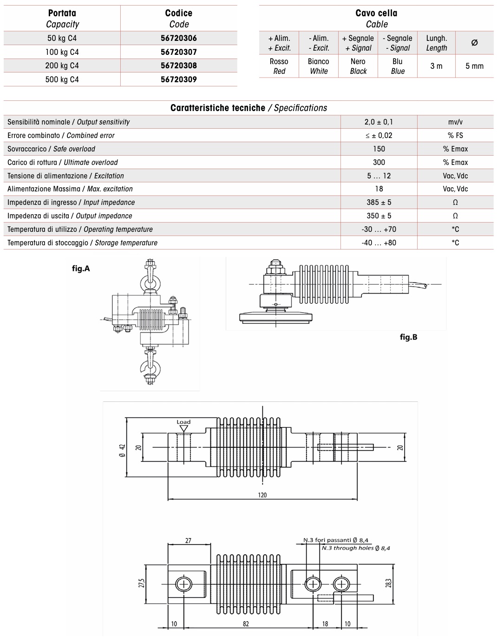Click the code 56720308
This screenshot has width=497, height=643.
click(x=179, y=66)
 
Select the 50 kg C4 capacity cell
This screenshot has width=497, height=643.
click(x=62, y=38)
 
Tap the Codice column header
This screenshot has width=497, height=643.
click(x=179, y=19)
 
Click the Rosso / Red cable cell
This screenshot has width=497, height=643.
click(x=279, y=66)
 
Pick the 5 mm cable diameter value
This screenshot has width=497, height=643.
click(x=474, y=66)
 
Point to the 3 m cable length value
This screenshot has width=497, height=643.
click(x=436, y=66)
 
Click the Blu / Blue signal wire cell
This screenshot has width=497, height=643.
click(x=398, y=66)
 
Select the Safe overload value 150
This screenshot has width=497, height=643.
click(x=379, y=149)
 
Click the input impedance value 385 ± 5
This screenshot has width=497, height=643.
click(x=379, y=202)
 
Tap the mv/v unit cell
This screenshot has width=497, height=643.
click(x=455, y=122)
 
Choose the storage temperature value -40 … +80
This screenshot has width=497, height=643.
click(x=379, y=243)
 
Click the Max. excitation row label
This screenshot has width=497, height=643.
click(x=70, y=189)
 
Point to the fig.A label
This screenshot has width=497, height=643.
click(x=81, y=269)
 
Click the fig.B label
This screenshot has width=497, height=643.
click(x=408, y=337)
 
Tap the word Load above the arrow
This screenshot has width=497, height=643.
click(x=183, y=422)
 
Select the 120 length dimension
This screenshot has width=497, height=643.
click(x=262, y=495)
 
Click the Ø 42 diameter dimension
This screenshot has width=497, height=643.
click(x=122, y=451)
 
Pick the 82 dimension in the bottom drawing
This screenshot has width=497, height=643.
click(x=246, y=623)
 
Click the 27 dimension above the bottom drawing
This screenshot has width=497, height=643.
click(x=188, y=540)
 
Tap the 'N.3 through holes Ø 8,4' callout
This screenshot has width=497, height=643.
click(x=356, y=548)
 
